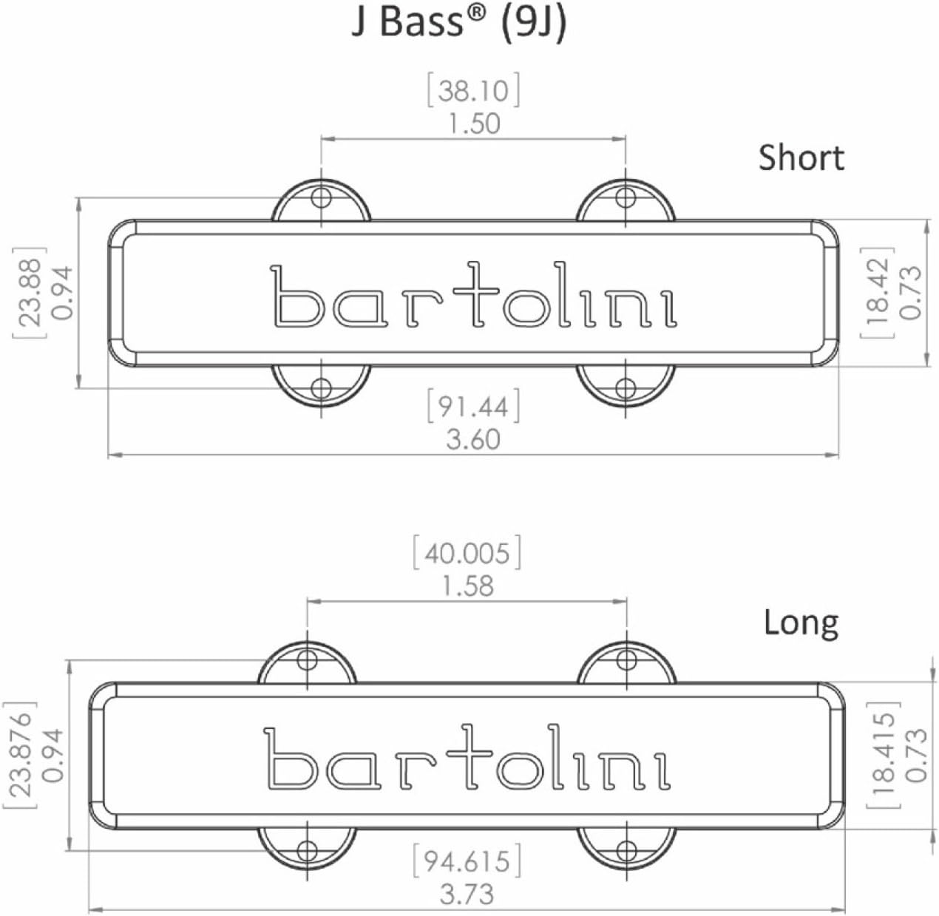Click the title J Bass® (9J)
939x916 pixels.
pos(458,22)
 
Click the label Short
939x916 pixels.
pos(801,157)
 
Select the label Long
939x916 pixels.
pos(801,622)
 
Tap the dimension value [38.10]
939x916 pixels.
pos(473,91)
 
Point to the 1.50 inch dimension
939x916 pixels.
pos(473,123)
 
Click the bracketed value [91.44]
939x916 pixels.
pos(473,407)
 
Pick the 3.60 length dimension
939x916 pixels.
pos(473,439)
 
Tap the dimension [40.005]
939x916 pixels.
pos(467,554)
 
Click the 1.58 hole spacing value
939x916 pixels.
pos(467,586)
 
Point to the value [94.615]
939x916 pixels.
pos(467,861)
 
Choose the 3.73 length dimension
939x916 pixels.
pos(467,895)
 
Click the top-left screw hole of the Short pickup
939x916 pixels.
pos(321,197)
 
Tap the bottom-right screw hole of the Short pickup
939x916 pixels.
pos(626,388)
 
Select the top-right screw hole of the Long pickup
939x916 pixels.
pos(626,660)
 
